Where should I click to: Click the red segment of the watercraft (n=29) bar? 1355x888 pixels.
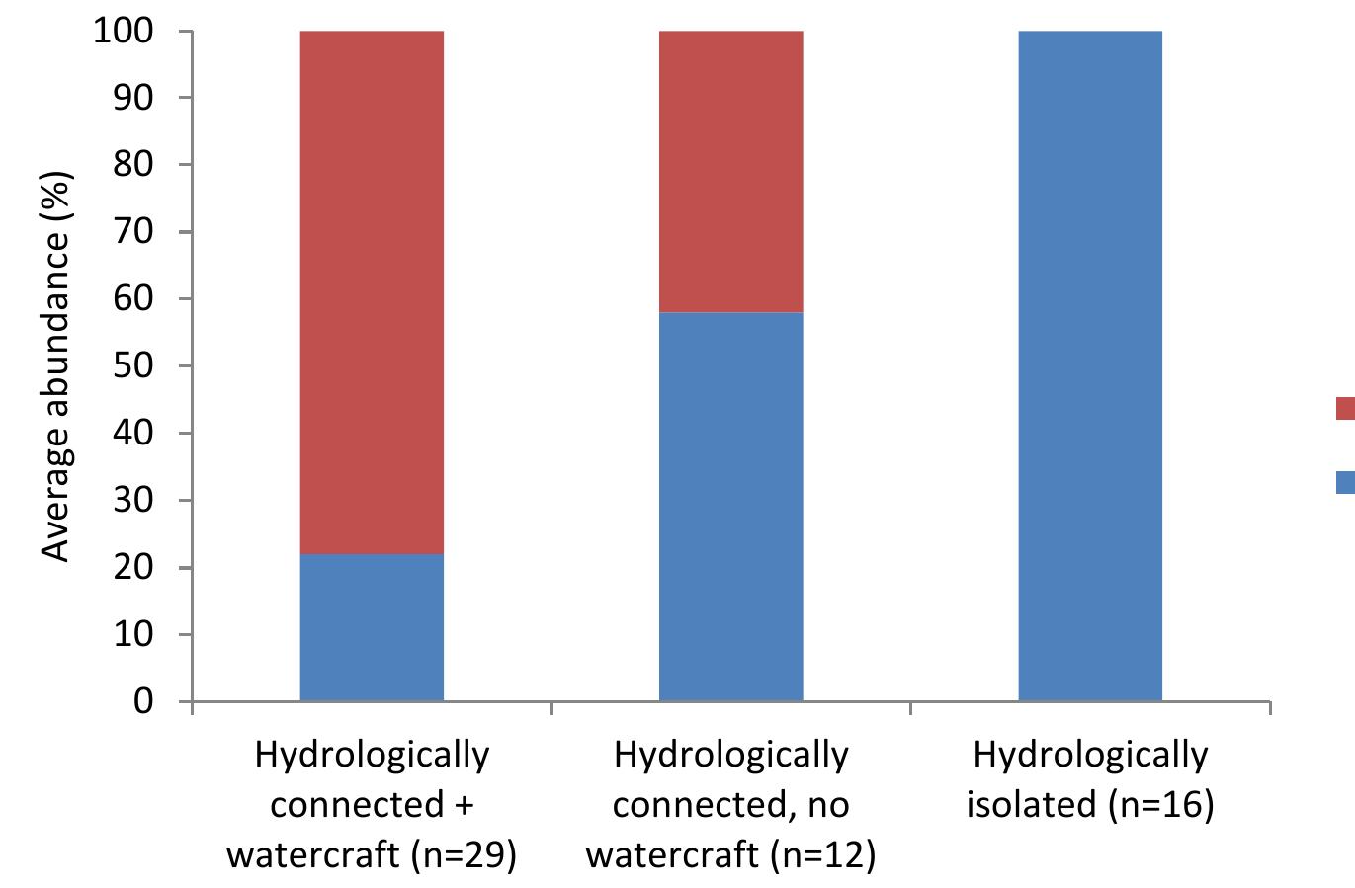pos(372,291)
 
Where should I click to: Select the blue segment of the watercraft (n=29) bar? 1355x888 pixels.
pos(372,627)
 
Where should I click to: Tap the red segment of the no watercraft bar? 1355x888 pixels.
pos(730,171)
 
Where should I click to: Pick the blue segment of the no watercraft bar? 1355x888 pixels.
pos(730,507)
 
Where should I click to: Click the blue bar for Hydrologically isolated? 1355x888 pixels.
pos(1089,365)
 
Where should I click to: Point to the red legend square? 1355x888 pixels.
pos(1345,409)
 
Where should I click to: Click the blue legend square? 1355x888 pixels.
pos(1345,482)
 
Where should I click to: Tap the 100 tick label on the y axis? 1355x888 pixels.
pos(124,32)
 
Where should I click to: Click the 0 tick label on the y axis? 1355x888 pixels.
pos(144,702)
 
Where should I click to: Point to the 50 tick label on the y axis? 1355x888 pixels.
pos(134,366)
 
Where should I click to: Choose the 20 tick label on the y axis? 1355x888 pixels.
pos(134,568)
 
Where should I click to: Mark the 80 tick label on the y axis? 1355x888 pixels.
pos(134,165)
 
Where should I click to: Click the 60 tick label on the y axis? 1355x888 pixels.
pos(134,299)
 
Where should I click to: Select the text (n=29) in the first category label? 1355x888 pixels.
pos(463,854)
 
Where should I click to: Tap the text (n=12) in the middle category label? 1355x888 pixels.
pos(821,854)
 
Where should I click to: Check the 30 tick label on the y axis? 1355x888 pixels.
pos(134,501)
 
